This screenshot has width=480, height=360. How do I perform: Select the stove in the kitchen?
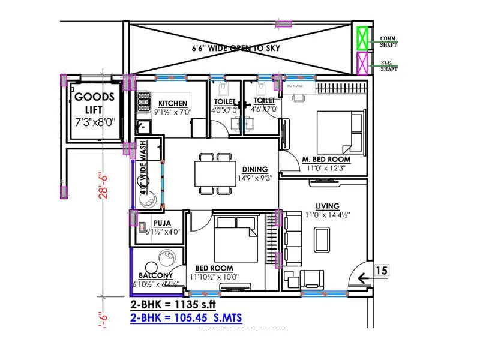(144, 103)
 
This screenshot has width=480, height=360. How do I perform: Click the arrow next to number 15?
(363, 277)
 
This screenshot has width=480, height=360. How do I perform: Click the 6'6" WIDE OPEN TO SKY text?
(236, 47)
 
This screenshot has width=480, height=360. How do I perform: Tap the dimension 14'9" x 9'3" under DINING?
(254, 178)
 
